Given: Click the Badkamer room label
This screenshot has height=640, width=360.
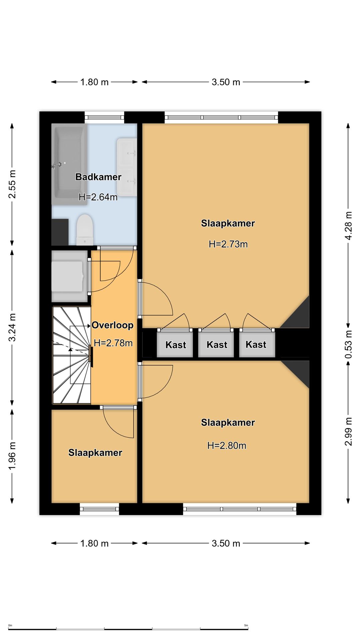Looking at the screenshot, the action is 98,177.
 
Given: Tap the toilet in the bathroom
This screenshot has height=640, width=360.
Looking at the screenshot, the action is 85,230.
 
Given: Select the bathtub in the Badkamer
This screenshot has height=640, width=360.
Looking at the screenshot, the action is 69,164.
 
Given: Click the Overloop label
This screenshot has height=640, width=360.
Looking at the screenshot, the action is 113,325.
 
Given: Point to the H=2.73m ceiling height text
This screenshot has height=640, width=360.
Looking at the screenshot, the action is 228,244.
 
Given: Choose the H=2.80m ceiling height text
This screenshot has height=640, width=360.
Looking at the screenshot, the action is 227,446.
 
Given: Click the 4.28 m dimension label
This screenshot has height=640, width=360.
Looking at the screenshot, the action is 348,226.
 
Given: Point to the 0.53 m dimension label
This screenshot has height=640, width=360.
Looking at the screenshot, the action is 348,344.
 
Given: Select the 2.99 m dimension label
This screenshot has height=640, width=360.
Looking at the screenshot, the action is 348,431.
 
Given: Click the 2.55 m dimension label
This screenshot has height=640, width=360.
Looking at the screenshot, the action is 12,184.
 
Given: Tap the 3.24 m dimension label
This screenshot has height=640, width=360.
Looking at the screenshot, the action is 12,327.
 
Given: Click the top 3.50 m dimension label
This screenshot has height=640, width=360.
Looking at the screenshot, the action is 226,82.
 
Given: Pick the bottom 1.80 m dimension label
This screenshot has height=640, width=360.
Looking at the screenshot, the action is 94,543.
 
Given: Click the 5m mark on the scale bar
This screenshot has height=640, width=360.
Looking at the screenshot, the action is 246,625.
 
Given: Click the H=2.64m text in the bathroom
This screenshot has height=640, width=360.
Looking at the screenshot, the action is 98,197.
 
